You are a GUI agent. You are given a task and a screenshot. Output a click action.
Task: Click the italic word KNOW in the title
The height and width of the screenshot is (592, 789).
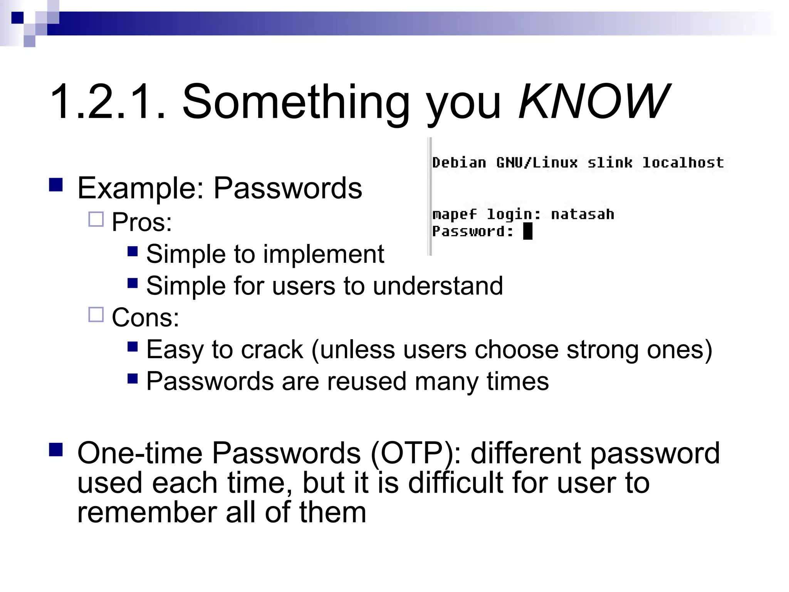[x=593, y=102]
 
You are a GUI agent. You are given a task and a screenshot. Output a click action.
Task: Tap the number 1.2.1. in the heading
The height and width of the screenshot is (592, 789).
[x=108, y=103]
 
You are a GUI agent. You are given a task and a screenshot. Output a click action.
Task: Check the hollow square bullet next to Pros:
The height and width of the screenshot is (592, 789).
[x=96, y=219]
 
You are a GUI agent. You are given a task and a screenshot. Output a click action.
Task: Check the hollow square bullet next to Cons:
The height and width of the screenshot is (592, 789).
[x=96, y=314]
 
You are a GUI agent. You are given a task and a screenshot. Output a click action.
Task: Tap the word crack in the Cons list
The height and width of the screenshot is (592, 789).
[x=272, y=350]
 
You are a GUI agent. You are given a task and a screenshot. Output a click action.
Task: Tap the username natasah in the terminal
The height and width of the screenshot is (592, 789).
[x=582, y=214]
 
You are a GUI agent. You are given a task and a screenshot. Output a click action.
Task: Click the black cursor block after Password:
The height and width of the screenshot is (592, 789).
[x=528, y=232]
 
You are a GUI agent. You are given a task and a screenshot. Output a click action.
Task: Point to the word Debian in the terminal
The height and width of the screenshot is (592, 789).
[x=459, y=163]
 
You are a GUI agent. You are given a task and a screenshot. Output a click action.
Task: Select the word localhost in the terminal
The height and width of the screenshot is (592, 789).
[x=683, y=163]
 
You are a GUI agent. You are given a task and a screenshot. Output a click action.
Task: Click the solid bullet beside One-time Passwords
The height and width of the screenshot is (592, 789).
[x=56, y=449]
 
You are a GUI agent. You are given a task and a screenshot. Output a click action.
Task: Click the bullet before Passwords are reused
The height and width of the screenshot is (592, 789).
[x=133, y=379]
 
